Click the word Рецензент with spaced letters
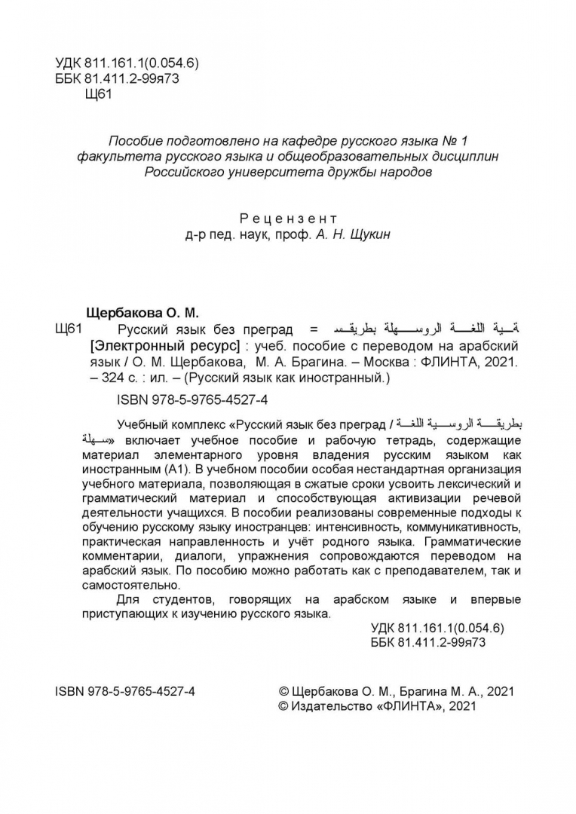288,219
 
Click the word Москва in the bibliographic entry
386,363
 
